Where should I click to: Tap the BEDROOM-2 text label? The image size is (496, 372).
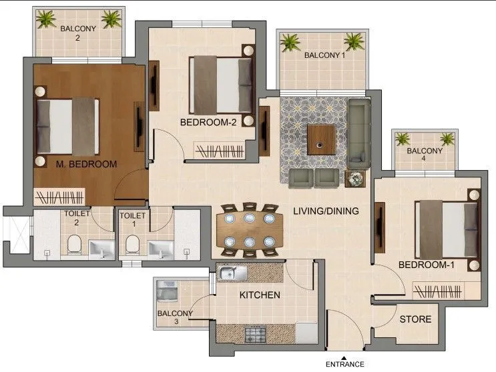(x=209, y=122)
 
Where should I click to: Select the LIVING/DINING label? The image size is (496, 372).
(x=326, y=211)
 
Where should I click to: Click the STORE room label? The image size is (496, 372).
(x=415, y=319)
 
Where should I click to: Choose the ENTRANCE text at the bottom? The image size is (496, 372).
(x=344, y=364)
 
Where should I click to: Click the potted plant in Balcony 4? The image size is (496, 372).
(x=403, y=139)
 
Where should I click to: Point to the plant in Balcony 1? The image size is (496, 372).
(x=290, y=43)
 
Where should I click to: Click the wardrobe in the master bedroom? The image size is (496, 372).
(x=60, y=197)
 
